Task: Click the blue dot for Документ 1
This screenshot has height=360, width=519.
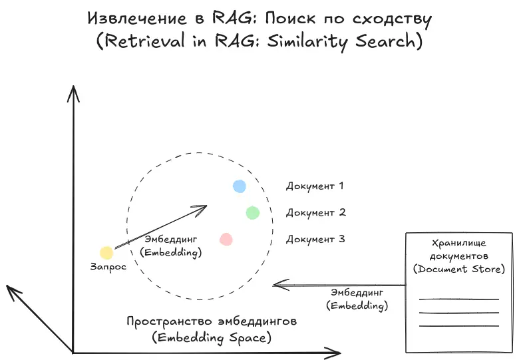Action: pyautogui.click(x=240, y=186)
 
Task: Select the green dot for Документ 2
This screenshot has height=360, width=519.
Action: pyautogui.click(x=252, y=213)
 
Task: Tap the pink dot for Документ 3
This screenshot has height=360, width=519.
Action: pyautogui.click(x=226, y=239)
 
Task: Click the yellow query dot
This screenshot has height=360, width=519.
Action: pyautogui.click(x=106, y=253)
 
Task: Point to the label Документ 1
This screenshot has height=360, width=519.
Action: pyautogui.click(x=315, y=186)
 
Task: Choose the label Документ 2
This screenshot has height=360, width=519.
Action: pyautogui.click(x=315, y=213)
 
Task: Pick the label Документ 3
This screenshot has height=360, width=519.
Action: pyautogui.click(x=315, y=240)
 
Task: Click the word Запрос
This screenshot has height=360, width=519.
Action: pyautogui.click(x=108, y=267)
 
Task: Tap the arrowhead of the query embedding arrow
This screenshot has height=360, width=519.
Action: pyautogui.click(x=204, y=208)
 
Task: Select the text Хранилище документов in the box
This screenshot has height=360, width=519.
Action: pyautogui.click(x=459, y=250)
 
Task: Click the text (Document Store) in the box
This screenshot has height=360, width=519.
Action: pyautogui.click(x=459, y=269)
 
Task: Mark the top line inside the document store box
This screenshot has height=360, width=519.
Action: pyautogui.click(x=459, y=299)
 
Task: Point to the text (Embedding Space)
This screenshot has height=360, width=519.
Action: pyautogui.click(x=212, y=338)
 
